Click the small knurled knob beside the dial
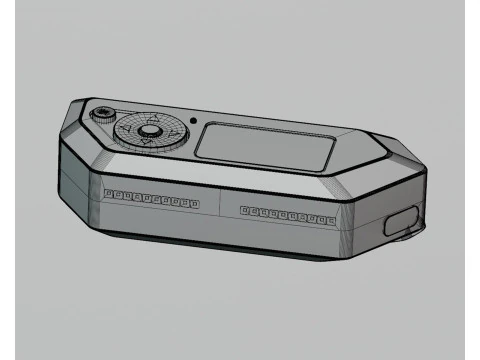pos(100,113)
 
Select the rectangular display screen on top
pos(265,144)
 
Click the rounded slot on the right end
pos(402,221)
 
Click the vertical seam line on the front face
pos(220,204)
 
